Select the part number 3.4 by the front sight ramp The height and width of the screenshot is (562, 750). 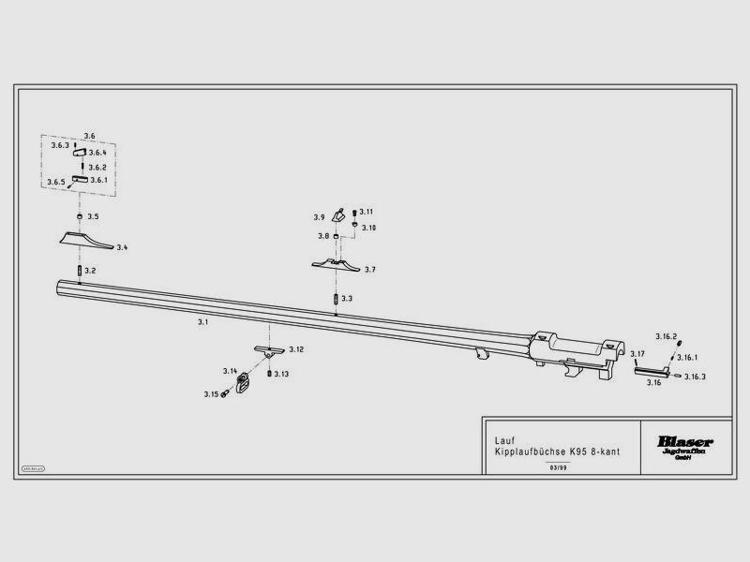click(122, 248)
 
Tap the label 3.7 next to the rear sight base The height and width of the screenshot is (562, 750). click(370, 269)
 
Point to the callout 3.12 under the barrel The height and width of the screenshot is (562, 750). click(296, 349)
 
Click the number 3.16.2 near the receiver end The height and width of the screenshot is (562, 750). click(666, 336)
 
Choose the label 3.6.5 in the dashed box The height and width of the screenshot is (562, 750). click(56, 182)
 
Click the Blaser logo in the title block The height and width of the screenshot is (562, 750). click(685, 441)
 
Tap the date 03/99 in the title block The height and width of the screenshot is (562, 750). click(557, 466)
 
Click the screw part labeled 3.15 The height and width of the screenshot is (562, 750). click(226, 394)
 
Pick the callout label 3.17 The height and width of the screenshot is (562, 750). click(637, 353)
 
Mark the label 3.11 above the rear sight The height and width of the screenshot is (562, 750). click(367, 212)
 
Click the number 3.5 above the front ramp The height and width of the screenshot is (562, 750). click(93, 216)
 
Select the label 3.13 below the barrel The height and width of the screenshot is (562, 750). click(281, 374)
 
